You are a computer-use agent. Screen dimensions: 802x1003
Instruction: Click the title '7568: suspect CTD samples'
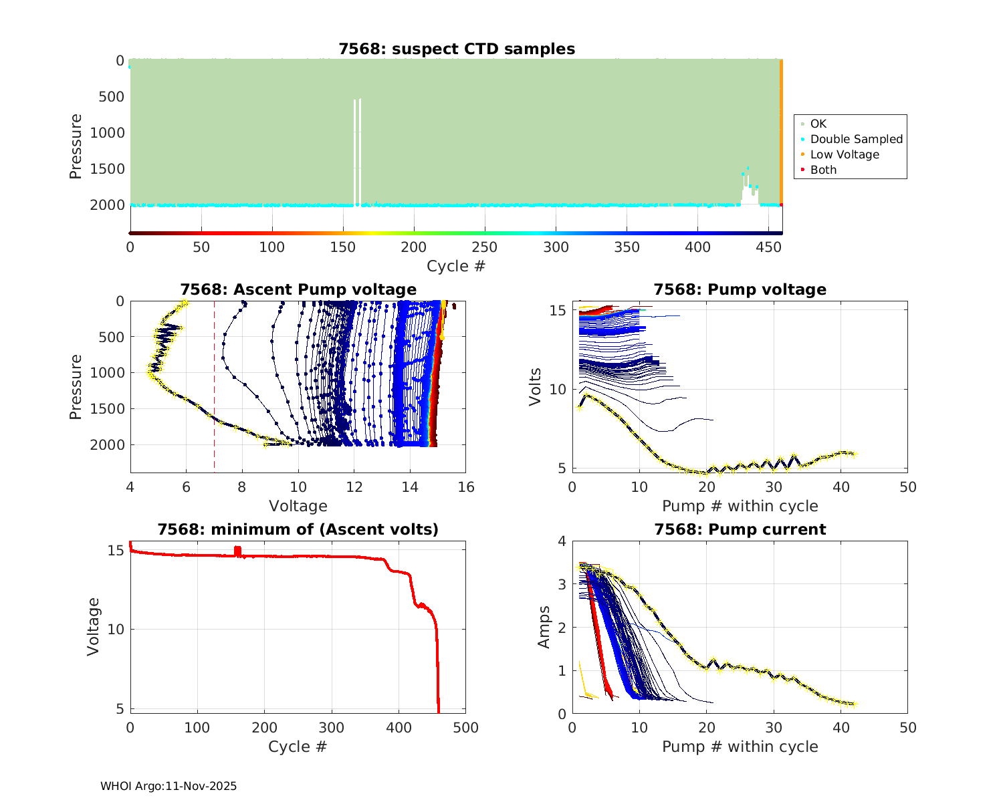[x=457, y=49]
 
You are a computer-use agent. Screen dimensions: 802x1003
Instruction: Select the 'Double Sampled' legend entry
[x=856, y=139]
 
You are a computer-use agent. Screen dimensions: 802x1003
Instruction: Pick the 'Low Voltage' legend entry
[x=845, y=154]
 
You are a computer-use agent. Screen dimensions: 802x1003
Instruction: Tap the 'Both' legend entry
[x=823, y=170]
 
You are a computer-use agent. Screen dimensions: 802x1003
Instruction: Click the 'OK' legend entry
[x=818, y=124]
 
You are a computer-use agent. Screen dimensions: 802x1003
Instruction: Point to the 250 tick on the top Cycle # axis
[x=485, y=247]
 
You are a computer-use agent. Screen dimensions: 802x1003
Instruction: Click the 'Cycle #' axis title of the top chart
[x=456, y=266]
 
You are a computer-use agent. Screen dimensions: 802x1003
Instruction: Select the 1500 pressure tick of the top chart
[x=107, y=169]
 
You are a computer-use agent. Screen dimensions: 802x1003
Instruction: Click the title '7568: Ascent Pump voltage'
[x=298, y=289]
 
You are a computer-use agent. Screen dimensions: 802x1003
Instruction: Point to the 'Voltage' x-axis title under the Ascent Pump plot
[x=298, y=506]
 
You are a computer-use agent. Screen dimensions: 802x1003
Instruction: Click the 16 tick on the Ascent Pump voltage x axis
[x=466, y=487]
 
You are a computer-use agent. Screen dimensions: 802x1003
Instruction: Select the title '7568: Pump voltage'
[x=740, y=289]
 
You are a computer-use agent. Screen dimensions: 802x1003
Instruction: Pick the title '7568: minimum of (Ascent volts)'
[x=298, y=529]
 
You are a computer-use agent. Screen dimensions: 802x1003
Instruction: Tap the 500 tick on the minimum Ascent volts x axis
[x=466, y=727]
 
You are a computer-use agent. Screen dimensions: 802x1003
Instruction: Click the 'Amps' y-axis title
[x=544, y=627]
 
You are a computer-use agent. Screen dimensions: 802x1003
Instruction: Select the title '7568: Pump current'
[x=740, y=529]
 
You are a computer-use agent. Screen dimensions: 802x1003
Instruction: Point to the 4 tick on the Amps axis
[x=562, y=541]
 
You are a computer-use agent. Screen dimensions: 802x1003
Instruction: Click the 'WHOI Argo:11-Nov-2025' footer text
[x=169, y=786]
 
